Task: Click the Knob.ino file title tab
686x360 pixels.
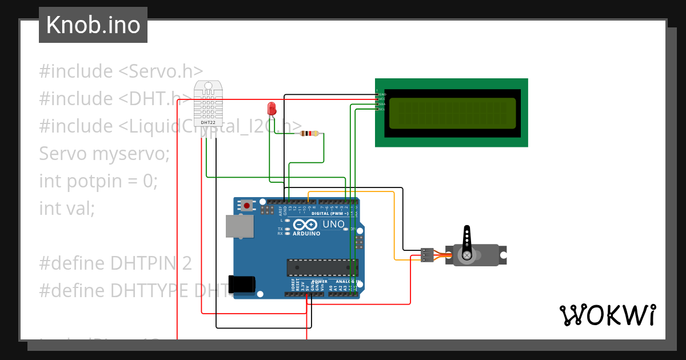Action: (x=93, y=25)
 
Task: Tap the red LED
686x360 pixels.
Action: (x=272, y=107)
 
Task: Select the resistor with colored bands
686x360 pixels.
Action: (x=309, y=134)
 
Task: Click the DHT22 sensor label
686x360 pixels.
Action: (x=208, y=122)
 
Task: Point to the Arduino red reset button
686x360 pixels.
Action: (x=246, y=205)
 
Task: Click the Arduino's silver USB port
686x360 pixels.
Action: (x=240, y=226)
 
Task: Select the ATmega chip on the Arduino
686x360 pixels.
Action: (x=322, y=267)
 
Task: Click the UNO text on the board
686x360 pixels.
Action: (x=333, y=225)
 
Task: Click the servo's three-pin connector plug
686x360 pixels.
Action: (x=427, y=255)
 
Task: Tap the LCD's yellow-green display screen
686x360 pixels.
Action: (x=452, y=113)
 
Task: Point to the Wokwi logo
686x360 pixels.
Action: (x=607, y=315)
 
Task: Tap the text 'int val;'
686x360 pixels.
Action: (x=67, y=209)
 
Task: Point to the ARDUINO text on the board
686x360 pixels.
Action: (x=307, y=234)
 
